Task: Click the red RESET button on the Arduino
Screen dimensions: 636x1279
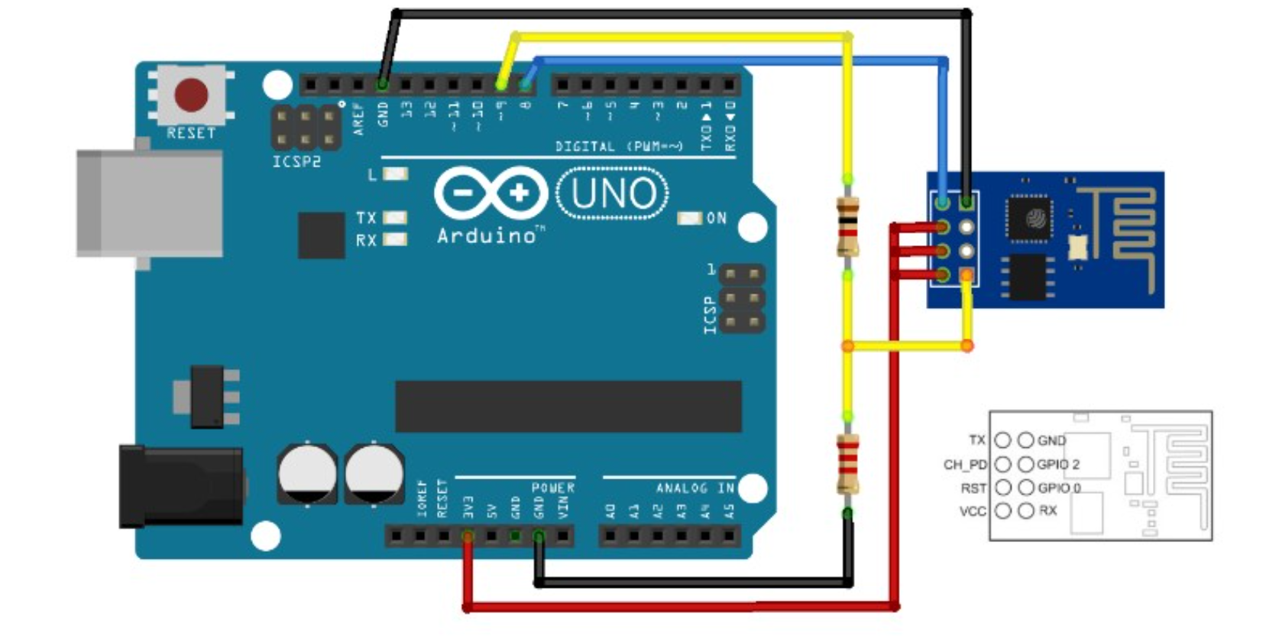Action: tap(191, 95)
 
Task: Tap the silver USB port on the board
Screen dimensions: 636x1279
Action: tap(150, 203)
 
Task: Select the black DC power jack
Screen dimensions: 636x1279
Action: tap(180, 486)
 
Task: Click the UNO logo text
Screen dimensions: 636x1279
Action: tap(613, 193)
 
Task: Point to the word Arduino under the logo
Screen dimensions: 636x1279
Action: tap(487, 235)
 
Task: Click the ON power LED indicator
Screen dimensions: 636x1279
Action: tap(689, 219)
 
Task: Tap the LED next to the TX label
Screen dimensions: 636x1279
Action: tap(394, 218)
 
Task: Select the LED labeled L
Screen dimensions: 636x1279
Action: tap(394, 174)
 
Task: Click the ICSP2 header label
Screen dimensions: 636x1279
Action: tap(296, 162)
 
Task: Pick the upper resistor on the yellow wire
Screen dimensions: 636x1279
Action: tap(847, 226)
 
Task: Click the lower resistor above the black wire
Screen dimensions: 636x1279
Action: tap(847, 463)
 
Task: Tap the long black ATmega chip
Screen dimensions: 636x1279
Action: tap(568, 406)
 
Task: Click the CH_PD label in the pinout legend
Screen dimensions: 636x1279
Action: tap(964, 464)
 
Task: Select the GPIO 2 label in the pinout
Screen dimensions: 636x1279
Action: tap(1059, 464)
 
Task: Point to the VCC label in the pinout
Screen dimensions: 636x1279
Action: tap(972, 511)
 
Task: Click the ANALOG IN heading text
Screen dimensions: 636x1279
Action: tap(695, 488)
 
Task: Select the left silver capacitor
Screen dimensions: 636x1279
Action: tap(306, 474)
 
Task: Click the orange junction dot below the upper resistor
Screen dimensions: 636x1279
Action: tap(847, 346)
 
